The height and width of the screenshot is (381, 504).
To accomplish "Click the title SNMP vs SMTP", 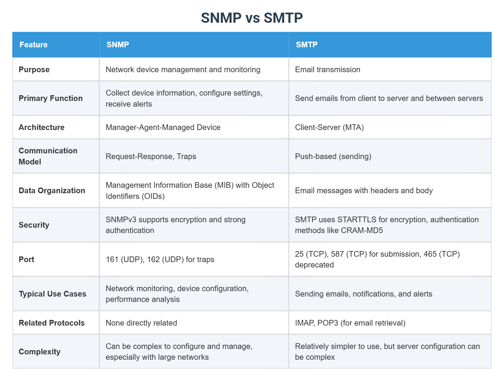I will coord(252,18).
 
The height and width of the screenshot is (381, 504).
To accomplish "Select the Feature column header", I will coord(34,45).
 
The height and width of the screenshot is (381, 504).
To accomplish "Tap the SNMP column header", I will coord(118,45).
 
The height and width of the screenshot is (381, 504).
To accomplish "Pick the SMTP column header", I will coord(306,45).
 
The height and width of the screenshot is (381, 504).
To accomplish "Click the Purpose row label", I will coord(34,69).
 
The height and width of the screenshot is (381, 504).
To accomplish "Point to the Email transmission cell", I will coord(328,69).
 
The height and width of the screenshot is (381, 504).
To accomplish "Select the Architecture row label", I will coord(41,127).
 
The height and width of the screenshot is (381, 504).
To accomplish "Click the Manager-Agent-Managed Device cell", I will coord(163,127).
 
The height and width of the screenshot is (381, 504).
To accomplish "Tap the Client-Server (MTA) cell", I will coord(329,127).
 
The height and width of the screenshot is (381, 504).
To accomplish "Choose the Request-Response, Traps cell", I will coord(151,156).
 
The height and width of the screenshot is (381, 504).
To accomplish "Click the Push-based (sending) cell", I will coord(333,156).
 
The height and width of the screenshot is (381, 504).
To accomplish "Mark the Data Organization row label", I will coord(52,190).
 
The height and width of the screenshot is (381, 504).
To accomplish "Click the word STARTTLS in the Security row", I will coord(356,220).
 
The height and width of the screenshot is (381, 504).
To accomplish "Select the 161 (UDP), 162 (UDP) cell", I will coord(160,259).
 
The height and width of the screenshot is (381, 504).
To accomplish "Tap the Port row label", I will coord(26,259).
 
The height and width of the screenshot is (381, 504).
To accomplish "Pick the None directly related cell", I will coord(141,323).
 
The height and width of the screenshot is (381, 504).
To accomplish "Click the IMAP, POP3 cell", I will coord(350,323).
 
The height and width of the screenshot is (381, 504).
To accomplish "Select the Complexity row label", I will coord(40,352).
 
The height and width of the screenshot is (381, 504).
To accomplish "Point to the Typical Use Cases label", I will coord(52,294).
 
